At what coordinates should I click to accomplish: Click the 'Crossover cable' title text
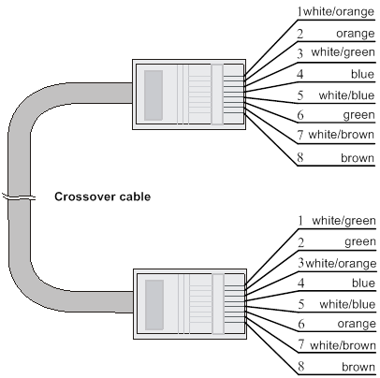(102, 196)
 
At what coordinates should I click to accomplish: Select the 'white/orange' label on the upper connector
(339, 12)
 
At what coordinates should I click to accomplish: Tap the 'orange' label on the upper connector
(356, 34)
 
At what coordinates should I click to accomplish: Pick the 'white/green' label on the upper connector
(343, 52)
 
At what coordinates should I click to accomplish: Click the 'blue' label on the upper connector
(362, 74)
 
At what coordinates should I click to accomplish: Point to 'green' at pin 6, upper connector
(359, 115)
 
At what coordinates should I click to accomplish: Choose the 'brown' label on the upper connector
(358, 158)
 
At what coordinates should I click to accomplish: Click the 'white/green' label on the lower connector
(343, 221)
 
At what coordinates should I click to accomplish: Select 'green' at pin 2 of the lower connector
(360, 242)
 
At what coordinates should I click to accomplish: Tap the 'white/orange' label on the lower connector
(341, 264)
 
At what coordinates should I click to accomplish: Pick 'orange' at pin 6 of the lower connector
(357, 324)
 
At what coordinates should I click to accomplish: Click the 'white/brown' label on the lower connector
(343, 345)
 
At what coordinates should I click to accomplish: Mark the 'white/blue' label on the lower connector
(347, 304)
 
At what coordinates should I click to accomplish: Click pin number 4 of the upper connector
(300, 74)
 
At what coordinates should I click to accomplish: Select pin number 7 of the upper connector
(300, 135)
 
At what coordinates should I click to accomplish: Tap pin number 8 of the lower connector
(300, 367)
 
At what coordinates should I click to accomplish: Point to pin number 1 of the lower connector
(300, 221)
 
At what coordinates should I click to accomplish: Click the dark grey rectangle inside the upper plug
(153, 95)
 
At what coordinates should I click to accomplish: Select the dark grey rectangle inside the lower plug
(154, 305)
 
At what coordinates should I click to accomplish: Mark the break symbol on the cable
(20, 197)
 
